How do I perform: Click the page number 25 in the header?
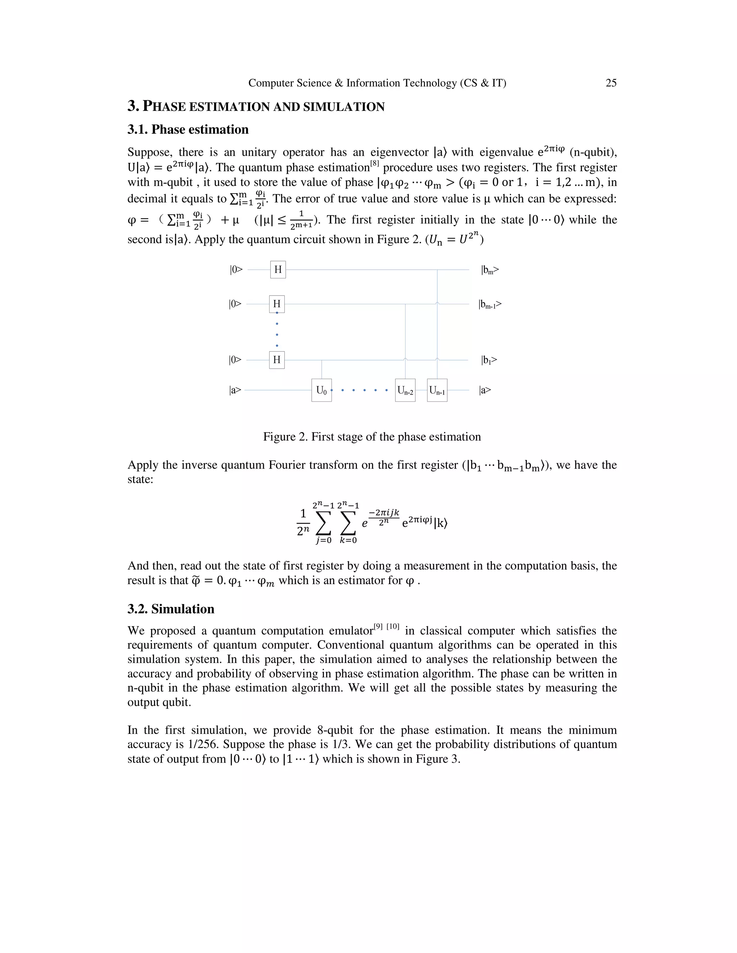tap(611, 83)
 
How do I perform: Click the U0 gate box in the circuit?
tap(321, 390)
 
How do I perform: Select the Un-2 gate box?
tap(405, 390)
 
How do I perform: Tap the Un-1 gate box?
tap(437, 390)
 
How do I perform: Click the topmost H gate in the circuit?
tap(278, 270)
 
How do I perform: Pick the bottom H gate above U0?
tap(277, 360)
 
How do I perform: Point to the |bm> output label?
tap(490, 270)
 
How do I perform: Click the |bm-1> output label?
tap(490, 304)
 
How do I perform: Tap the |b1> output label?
tap(489, 360)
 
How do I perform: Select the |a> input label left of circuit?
tap(235, 390)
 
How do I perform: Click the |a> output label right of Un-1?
tap(485, 390)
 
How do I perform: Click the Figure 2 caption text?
tap(371, 437)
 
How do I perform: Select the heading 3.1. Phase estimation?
tap(188, 129)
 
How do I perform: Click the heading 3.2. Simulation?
tap(171, 609)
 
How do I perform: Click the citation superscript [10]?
tap(393, 626)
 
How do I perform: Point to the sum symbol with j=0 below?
tap(323, 523)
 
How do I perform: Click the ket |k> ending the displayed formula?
tap(441, 523)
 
